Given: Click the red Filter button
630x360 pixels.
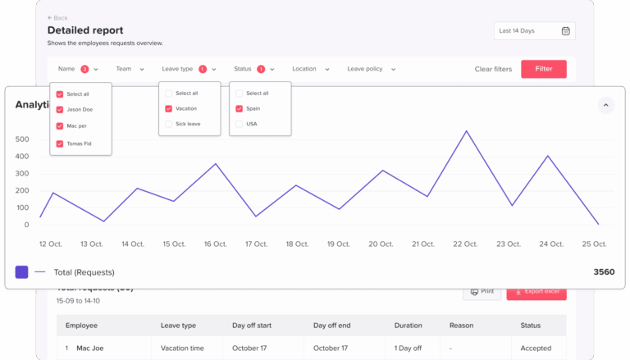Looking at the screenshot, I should (543, 69).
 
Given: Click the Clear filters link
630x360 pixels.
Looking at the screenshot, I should (493, 70).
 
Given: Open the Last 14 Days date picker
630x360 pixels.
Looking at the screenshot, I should (534, 31).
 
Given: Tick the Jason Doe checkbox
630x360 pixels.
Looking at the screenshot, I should (60, 109).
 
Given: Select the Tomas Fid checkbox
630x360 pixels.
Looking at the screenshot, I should (60, 144).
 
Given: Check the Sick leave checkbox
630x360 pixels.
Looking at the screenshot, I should (169, 124).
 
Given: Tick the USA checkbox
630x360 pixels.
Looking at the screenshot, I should (240, 124).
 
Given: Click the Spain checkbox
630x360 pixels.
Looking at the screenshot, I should (240, 108).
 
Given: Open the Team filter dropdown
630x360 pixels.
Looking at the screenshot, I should (130, 70).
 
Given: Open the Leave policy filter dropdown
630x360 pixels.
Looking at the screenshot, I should (371, 70).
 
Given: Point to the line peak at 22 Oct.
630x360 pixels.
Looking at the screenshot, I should (466, 131).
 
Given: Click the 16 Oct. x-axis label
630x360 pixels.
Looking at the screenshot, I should (215, 244).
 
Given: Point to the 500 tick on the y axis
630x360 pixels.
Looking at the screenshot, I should (22, 139).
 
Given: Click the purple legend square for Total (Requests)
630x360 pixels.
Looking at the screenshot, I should (21, 272).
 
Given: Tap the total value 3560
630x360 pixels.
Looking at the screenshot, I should (604, 272).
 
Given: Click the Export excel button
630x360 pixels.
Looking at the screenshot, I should (536, 291).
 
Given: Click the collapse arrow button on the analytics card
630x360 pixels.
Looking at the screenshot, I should (605, 105).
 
